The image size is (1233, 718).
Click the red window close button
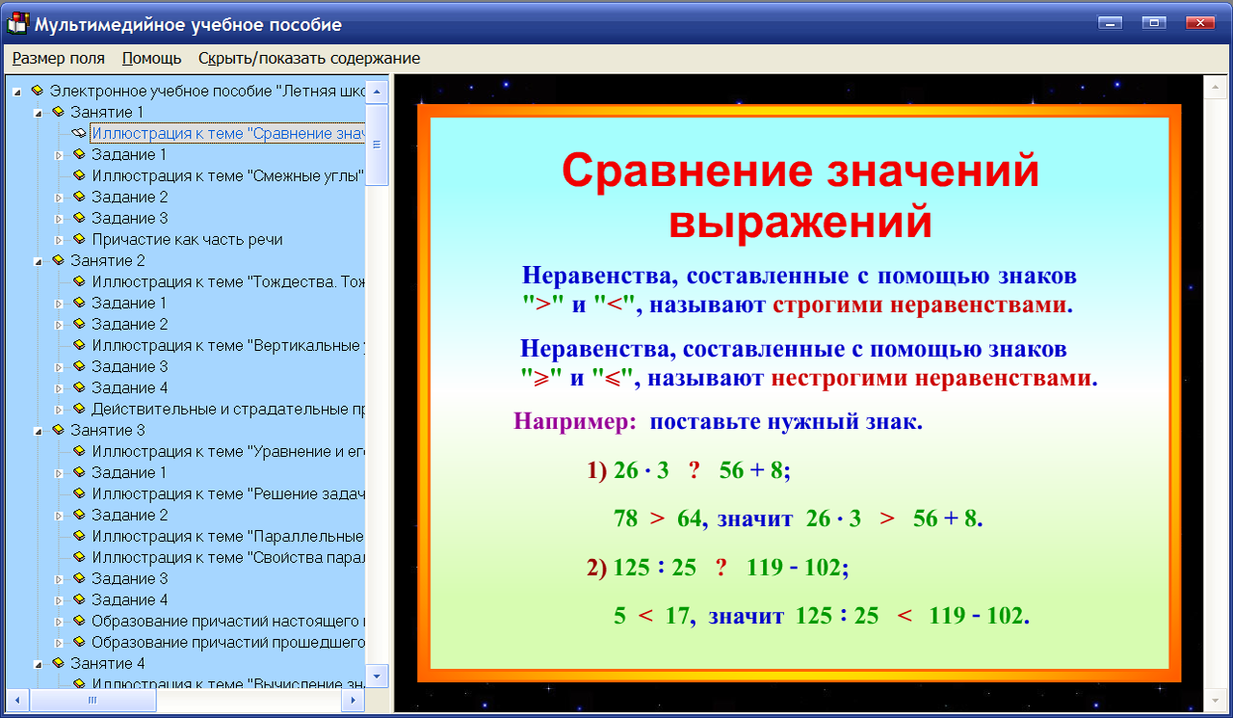(x=1199, y=23)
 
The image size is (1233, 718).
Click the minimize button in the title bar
(x=1111, y=23)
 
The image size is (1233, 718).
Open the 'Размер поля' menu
(x=59, y=58)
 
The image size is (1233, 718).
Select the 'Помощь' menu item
(x=152, y=58)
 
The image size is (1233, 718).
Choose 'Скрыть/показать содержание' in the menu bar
(x=309, y=58)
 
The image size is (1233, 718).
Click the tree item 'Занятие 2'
(x=108, y=260)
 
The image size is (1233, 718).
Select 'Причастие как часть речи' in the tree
(x=187, y=239)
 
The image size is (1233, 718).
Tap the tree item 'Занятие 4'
(x=108, y=663)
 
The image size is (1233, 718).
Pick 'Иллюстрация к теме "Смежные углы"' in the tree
(x=227, y=175)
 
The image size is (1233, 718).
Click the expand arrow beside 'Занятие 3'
(x=38, y=431)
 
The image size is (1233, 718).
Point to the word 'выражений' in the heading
(x=800, y=222)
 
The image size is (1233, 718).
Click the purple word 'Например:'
(x=575, y=422)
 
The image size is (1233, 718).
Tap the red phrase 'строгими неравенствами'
(x=922, y=306)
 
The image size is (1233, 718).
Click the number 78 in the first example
(x=625, y=519)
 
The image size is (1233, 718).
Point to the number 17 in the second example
(x=678, y=616)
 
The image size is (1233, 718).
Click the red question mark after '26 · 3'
(x=694, y=470)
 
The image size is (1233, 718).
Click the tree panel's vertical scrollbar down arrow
(x=378, y=673)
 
